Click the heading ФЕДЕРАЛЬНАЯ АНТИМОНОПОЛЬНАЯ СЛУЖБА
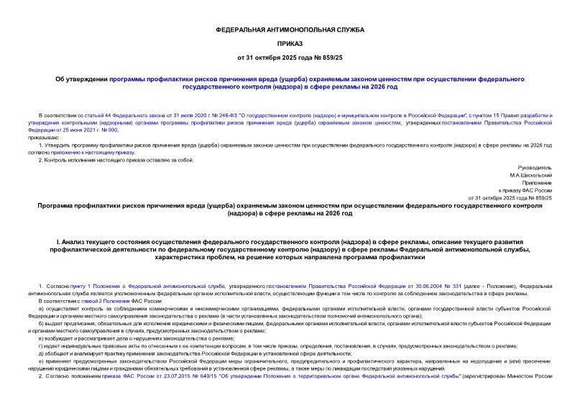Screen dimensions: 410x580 (x=290, y=30)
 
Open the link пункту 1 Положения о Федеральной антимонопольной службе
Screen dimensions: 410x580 (x=127, y=286)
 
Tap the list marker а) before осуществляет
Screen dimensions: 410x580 (x=41, y=308)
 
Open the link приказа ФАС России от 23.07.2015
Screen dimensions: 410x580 (x=126, y=375)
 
